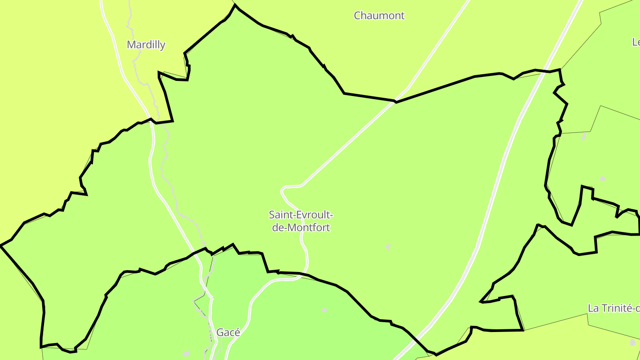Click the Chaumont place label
379,16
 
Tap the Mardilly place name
146,45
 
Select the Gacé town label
228,332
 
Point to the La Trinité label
614,308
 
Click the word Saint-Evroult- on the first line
301,215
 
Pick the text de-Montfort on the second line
301,228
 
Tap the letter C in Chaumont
357,16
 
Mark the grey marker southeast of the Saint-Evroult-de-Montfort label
388,246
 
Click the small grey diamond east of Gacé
324,310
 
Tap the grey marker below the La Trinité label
632,343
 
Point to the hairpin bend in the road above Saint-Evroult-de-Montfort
283,190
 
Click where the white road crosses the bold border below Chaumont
395,101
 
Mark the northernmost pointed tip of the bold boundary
235,5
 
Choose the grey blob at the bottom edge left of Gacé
186,354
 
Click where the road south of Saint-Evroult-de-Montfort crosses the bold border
303,274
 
